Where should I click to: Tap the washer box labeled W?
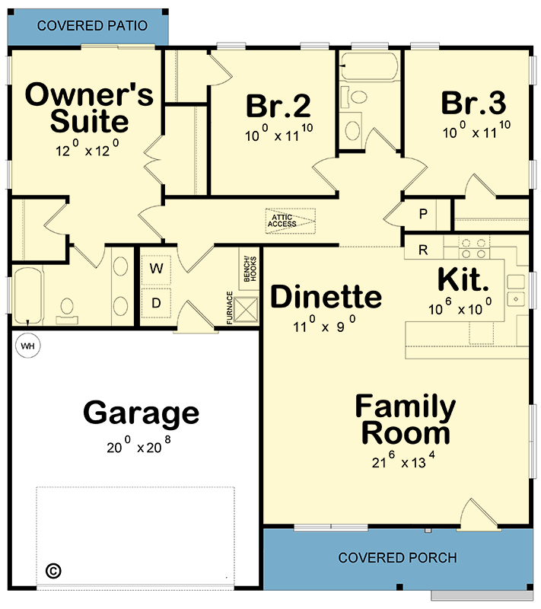[x=156, y=268]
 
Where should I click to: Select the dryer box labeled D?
[x=156, y=303]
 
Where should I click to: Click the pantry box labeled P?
[x=422, y=214]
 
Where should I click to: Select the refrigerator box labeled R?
[x=422, y=248]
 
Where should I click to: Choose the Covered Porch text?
[x=397, y=558]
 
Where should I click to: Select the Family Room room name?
[x=406, y=420]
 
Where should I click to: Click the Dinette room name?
[x=326, y=297]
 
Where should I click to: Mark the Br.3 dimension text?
[x=476, y=132]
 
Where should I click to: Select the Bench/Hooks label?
[x=248, y=268]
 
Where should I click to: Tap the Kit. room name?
[x=463, y=279]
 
